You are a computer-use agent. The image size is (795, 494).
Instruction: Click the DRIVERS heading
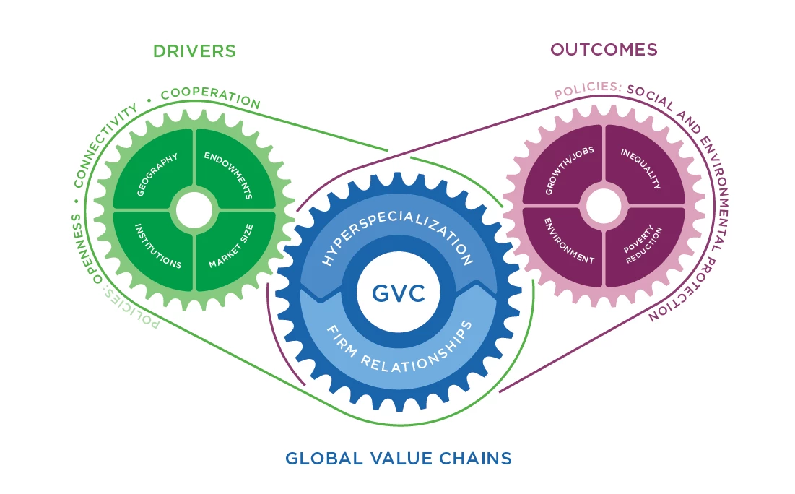(x=194, y=51)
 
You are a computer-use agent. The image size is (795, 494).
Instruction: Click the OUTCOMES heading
(x=604, y=49)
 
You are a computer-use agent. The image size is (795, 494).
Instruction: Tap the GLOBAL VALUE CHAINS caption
(x=399, y=458)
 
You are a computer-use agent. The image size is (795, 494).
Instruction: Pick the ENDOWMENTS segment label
(x=228, y=175)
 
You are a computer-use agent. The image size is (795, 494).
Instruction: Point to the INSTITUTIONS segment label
(x=157, y=246)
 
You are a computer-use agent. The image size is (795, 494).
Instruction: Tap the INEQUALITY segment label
(x=640, y=170)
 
